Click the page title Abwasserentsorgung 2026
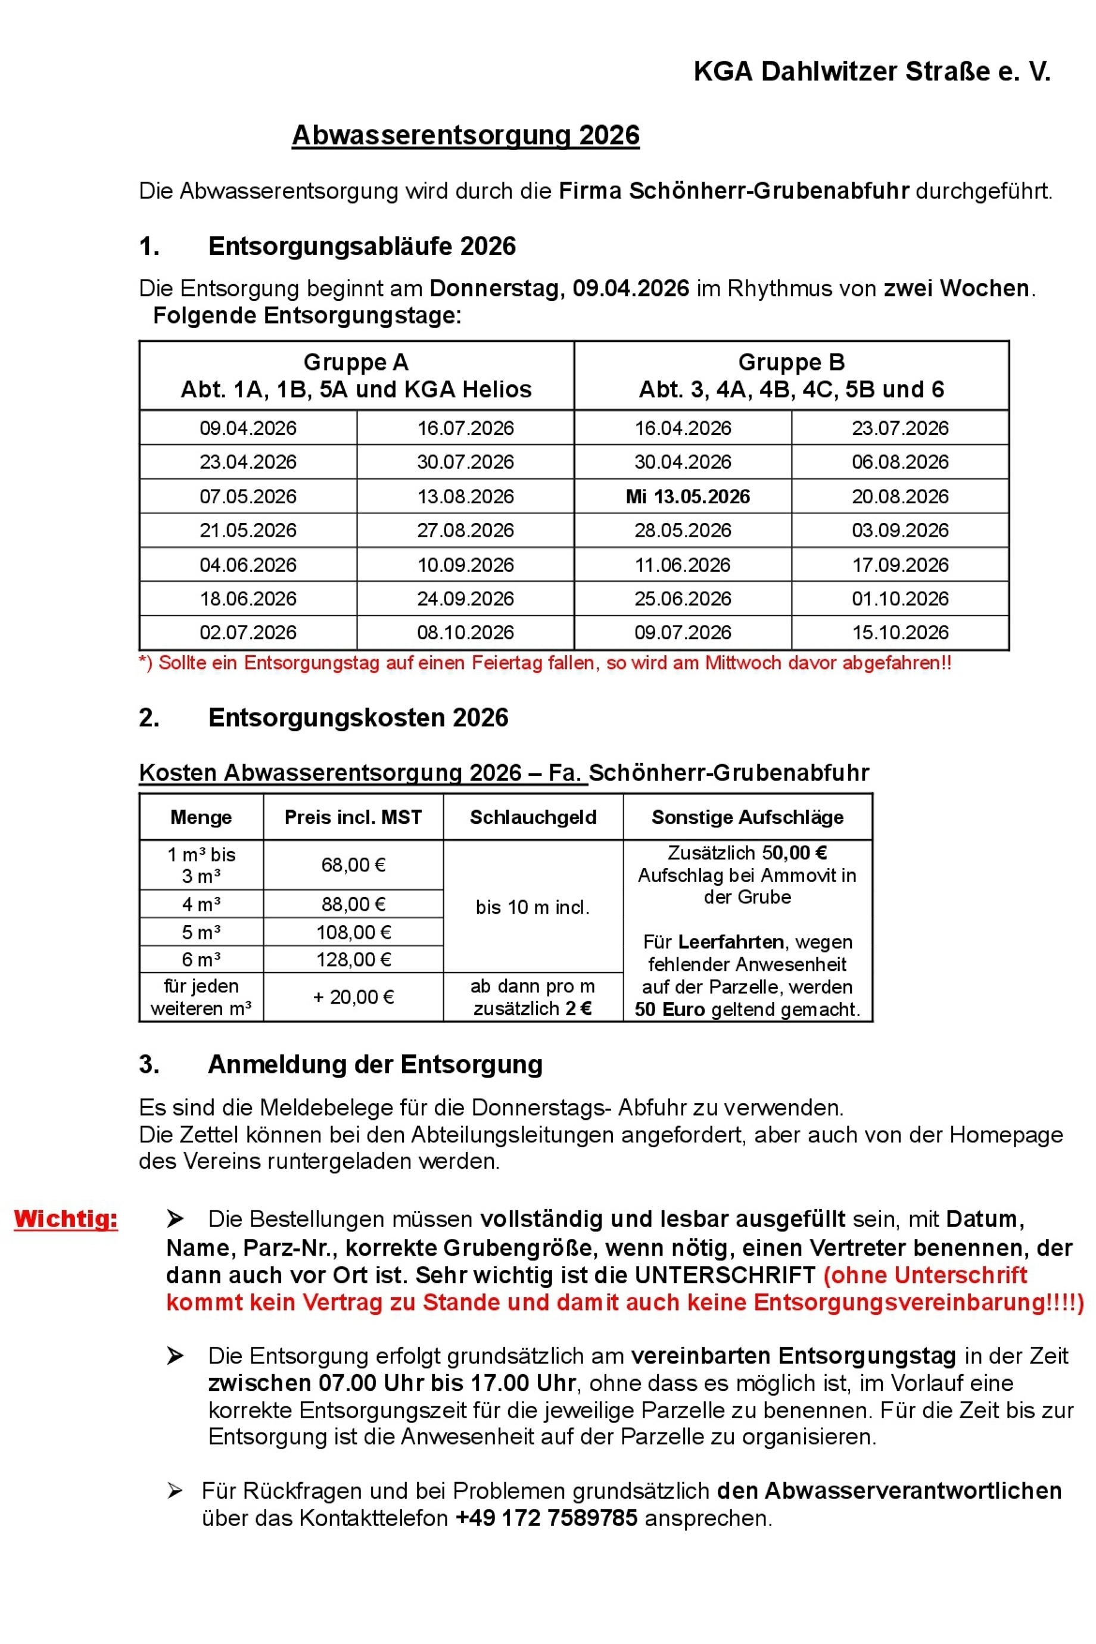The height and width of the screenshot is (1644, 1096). coord(466,135)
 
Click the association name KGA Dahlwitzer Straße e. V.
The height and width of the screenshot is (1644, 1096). coord(871,71)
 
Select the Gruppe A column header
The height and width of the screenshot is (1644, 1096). coord(356,375)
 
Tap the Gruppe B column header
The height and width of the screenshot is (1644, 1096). coord(791,375)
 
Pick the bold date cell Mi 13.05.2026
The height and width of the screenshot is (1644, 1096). coord(688,496)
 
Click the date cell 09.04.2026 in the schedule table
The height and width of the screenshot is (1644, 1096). coord(248,428)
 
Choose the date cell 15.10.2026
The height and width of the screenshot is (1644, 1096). coord(900,633)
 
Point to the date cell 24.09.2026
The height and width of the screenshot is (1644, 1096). coord(466,598)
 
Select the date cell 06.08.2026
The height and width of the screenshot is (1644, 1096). coord(900,462)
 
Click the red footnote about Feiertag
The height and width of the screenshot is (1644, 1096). coord(545,662)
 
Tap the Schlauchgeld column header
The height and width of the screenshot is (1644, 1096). coord(533,817)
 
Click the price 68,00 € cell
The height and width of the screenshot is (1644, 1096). coord(353,865)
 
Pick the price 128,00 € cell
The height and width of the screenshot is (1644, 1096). coord(353,959)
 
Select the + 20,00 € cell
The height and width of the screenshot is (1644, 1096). coord(353,997)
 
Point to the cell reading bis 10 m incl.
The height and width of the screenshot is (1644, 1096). coord(533,907)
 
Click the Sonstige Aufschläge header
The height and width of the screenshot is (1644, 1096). coord(747,817)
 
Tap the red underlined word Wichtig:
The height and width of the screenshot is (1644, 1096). coord(66,1218)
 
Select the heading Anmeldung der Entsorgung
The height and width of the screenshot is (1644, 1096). coord(375,1064)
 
